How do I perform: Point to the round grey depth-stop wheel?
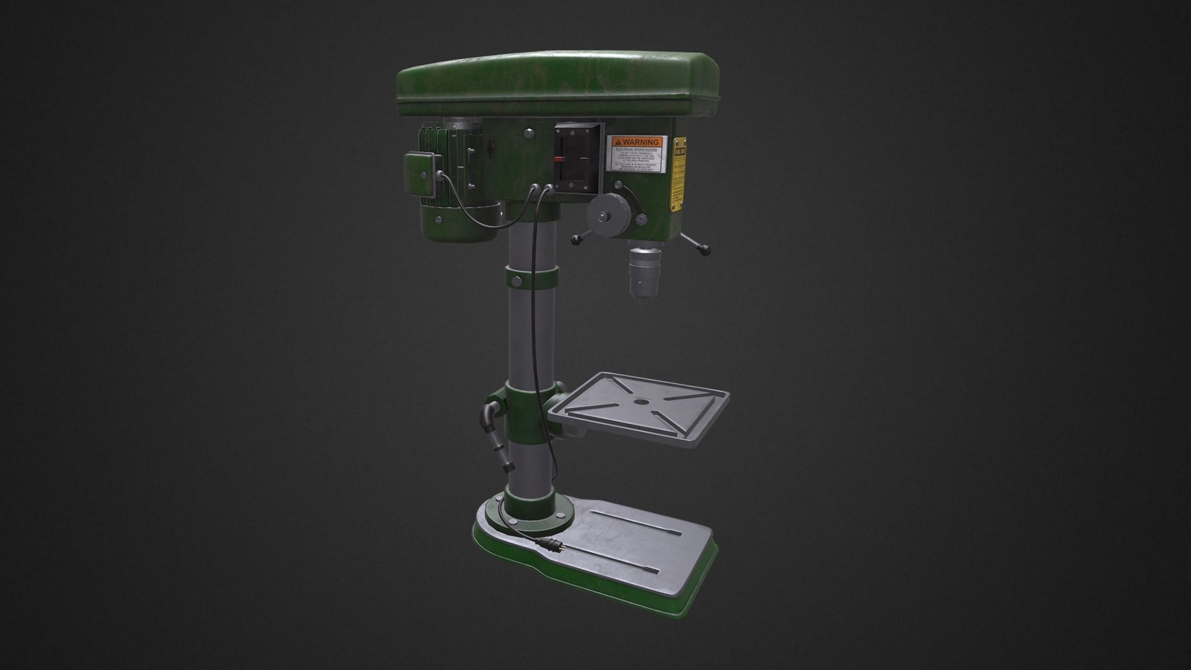tap(607, 214)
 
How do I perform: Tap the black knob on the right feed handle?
tap(705, 249)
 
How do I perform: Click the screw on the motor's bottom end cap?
tap(439, 219)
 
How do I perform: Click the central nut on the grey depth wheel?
tap(602, 216)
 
